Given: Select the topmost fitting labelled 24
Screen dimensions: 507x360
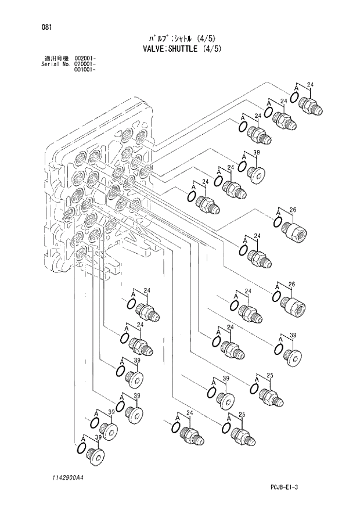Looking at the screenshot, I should [311, 105].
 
